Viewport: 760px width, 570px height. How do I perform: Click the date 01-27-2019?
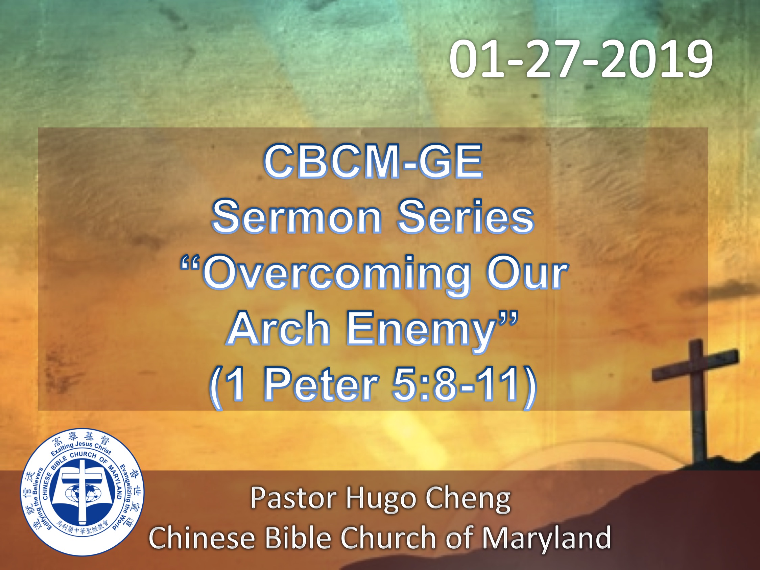tap(581, 59)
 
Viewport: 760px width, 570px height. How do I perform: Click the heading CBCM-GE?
tap(373, 162)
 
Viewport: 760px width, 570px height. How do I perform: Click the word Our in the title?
tap(527, 273)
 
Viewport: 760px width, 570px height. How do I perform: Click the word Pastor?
tap(294, 498)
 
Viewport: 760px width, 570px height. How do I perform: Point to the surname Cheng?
tap(468, 500)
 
